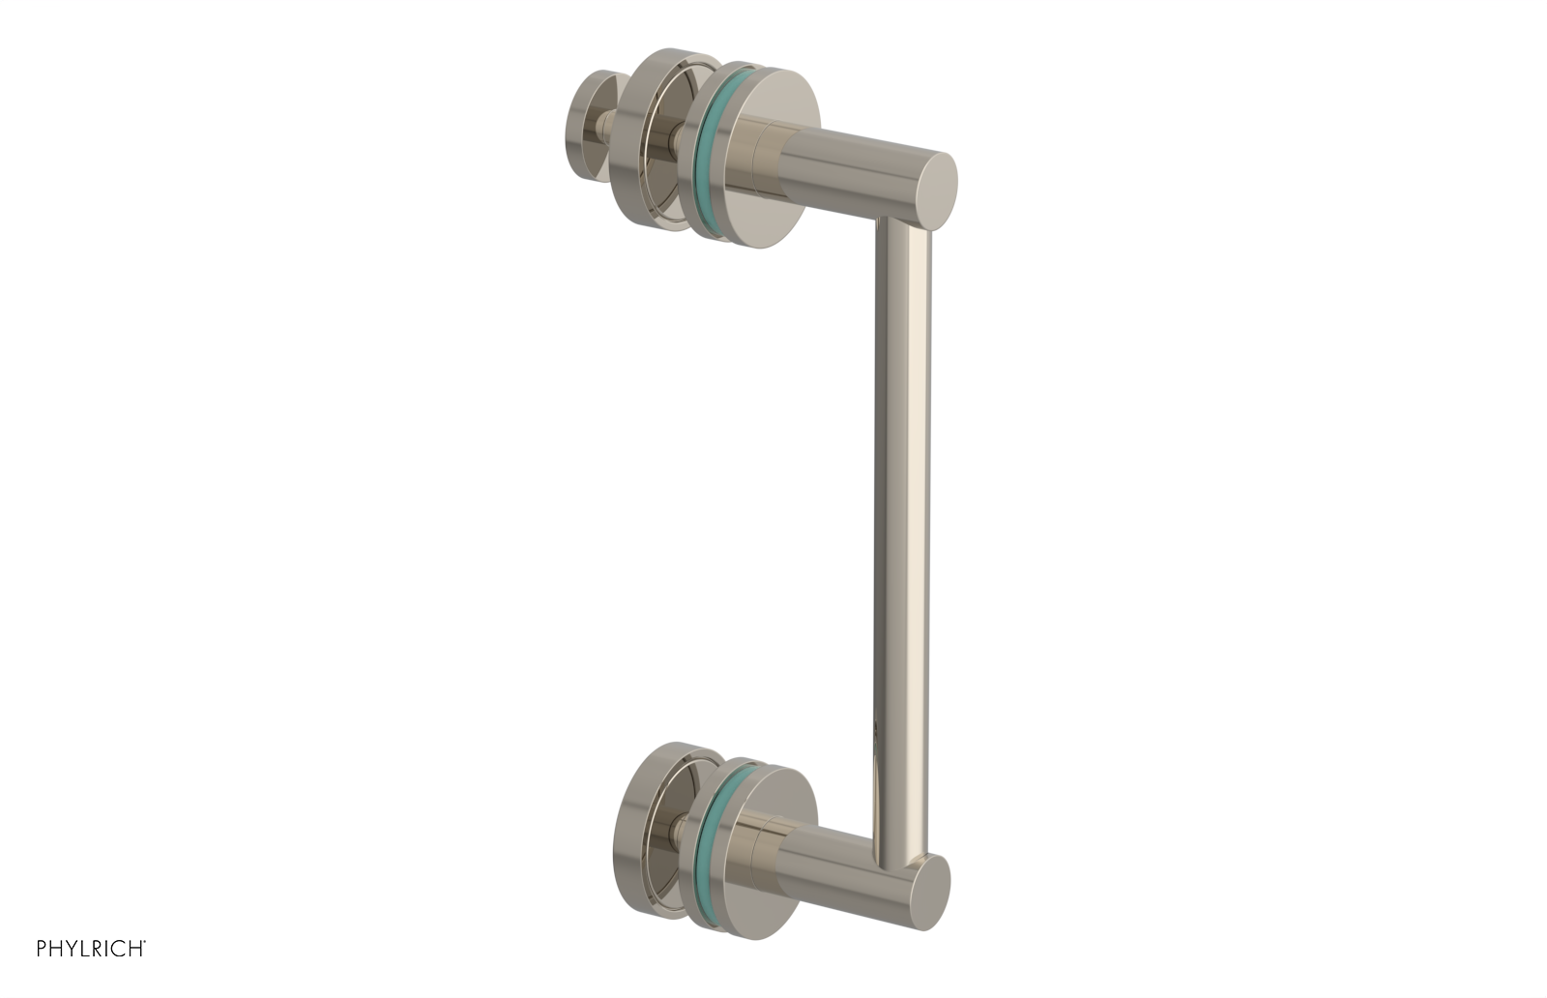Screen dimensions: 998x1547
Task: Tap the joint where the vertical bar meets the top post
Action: click(x=903, y=228)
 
